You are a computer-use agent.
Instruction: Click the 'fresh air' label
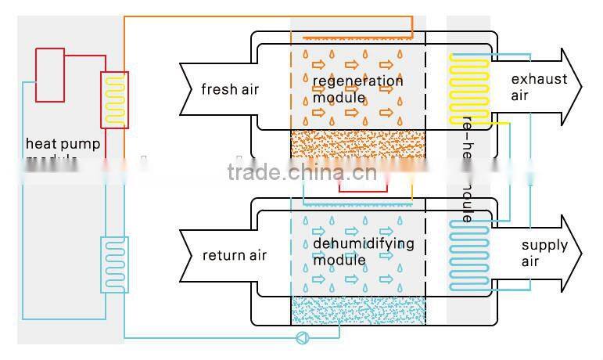[x=229, y=89]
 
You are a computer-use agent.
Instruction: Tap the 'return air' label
[x=235, y=255]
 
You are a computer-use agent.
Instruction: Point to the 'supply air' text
[x=544, y=253]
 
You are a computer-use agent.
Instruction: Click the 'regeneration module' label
[x=357, y=89]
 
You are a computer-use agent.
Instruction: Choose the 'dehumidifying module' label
[x=363, y=251]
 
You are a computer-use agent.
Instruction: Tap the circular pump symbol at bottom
[x=300, y=338]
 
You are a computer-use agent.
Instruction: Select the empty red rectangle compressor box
[x=49, y=74]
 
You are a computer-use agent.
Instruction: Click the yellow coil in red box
[x=115, y=99]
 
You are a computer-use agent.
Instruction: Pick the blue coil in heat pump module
[x=114, y=264]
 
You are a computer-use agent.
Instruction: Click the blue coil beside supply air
[x=469, y=252]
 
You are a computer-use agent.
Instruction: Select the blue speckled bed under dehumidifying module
[x=357, y=310]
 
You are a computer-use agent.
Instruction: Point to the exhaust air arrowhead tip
[x=582, y=87]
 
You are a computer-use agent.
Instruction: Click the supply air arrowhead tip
[x=582, y=253]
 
